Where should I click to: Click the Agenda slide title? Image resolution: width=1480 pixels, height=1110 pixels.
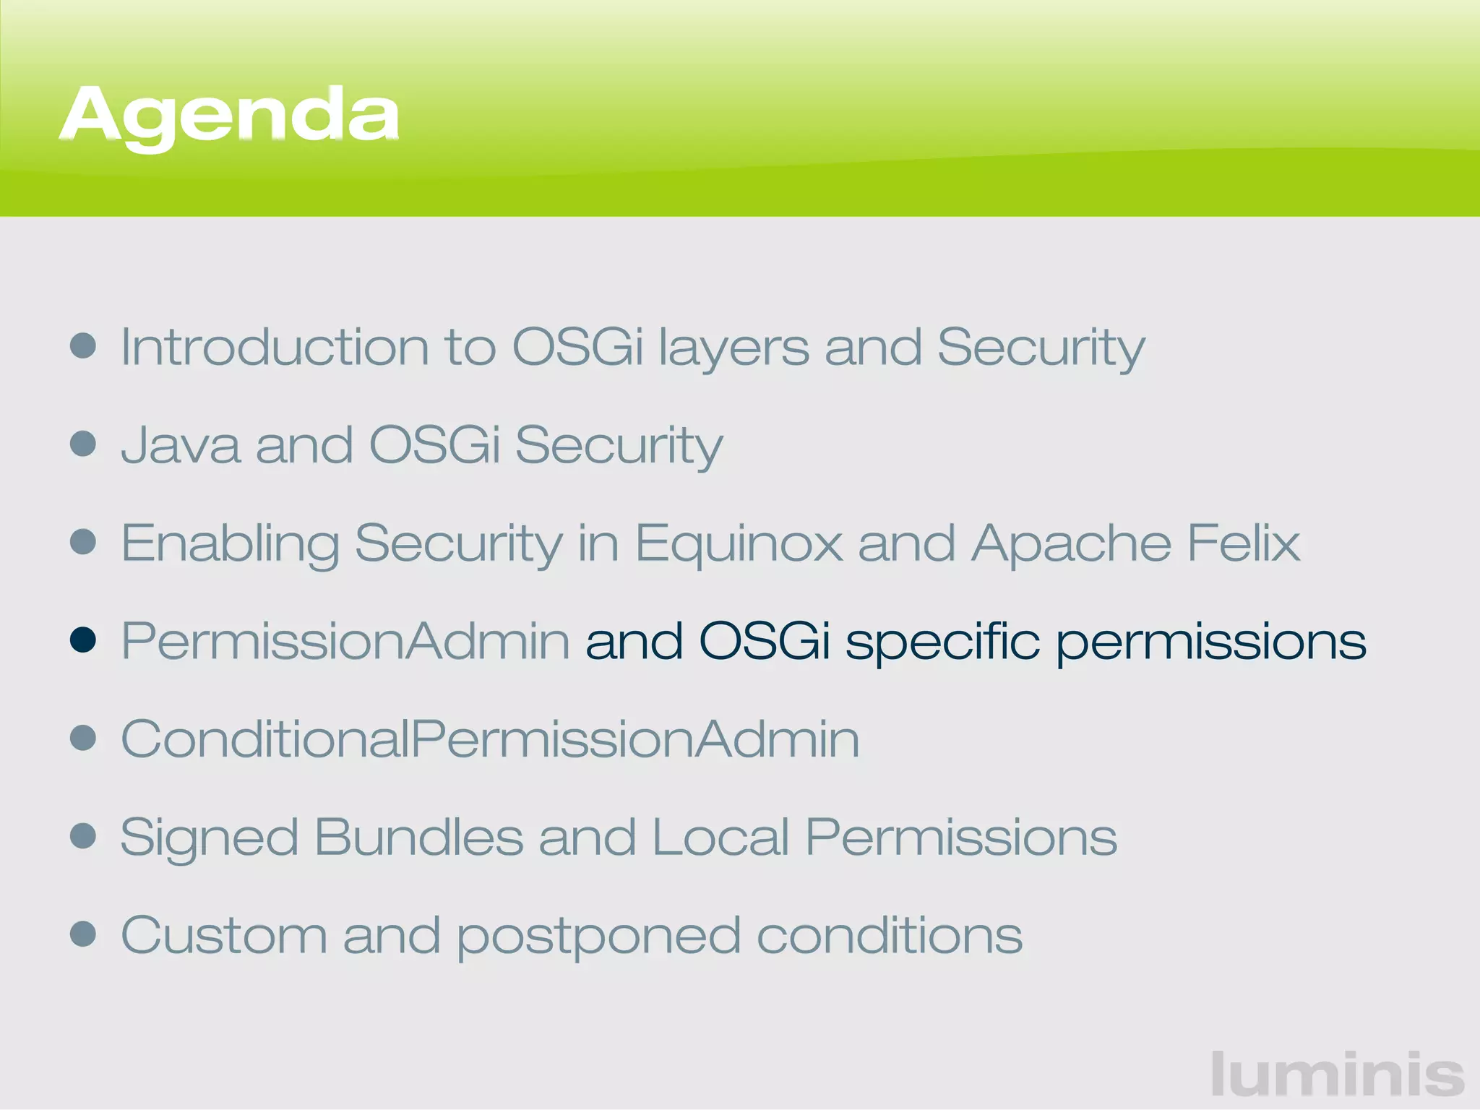pyautogui.click(x=229, y=116)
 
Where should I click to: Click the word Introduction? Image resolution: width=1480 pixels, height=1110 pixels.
pyautogui.click(x=275, y=347)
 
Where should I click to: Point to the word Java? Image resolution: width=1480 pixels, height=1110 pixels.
pyautogui.click(x=181, y=445)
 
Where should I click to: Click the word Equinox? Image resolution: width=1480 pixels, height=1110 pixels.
pyautogui.click(x=739, y=543)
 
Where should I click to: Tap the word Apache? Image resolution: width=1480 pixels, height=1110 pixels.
pyautogui.click(x=1071, y=543)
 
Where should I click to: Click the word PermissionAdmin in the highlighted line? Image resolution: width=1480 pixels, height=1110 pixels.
pyautogui.click(x=345, y=641)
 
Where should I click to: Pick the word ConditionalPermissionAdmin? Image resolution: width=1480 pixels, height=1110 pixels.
pyautogui.click(x=490, y=739)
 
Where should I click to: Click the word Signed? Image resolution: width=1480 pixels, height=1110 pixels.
pyautogui.click(x=209, y=838)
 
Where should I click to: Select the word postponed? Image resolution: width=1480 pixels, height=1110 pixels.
pyautogui.click(x=599, y=937)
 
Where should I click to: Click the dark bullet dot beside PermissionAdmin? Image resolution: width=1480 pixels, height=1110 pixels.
pyautogui.click(x=84, y=640)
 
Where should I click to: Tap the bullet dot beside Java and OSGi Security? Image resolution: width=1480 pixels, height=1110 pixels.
pyautogui.click(x=84, y=444)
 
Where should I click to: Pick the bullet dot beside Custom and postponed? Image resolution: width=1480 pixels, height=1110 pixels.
pyautogui.click(x=84, y=933)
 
